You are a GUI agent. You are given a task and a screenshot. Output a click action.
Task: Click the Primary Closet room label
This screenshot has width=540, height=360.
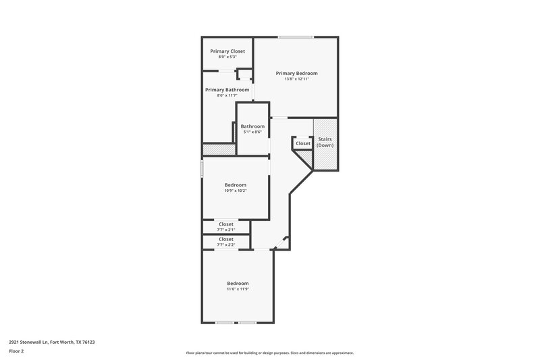coord(227,51)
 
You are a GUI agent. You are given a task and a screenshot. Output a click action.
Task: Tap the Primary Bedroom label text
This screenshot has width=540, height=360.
coord(297,73)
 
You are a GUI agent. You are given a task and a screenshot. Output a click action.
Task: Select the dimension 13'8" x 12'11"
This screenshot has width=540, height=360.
coord(297,79)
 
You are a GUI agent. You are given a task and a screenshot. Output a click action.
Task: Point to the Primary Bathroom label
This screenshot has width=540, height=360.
coord(227,90)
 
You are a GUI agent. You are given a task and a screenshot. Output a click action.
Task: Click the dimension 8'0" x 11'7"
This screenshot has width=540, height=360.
coord(227,95)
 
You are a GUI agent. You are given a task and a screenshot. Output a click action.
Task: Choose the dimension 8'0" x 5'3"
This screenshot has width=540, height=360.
coord(227,57)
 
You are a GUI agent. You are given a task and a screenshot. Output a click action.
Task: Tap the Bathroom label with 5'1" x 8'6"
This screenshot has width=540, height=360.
coord(252,126)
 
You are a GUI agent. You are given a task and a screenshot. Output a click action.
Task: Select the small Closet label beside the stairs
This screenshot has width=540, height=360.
coord(303,143)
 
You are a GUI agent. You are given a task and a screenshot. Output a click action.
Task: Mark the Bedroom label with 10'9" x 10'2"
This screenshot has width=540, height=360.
coord(236,185)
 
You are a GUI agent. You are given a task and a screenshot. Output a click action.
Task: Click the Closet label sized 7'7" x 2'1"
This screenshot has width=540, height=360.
coord(226,224)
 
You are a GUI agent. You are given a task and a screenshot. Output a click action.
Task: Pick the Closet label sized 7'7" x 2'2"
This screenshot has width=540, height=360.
coord(226,239)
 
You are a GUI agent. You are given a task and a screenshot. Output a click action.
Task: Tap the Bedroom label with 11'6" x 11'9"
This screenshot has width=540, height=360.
coord(238,283)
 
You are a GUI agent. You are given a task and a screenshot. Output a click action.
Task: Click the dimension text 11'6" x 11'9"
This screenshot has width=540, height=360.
coord(238,289)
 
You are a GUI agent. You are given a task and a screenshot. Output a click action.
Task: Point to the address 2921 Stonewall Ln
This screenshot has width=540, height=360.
coord(52,342)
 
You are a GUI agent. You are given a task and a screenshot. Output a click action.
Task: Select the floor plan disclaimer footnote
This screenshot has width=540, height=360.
coord(270,353)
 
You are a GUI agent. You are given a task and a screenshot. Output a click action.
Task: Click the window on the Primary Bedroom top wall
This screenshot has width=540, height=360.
coord(296,36)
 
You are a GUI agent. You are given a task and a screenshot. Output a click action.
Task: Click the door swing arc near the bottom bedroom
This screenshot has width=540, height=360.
coord(286,239)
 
